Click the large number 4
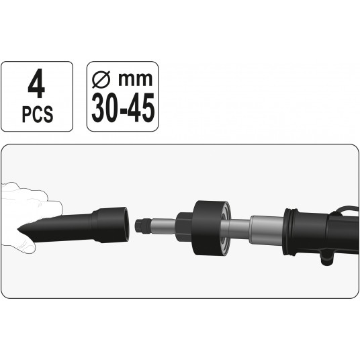coord(36,83)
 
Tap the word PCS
coord(38,114)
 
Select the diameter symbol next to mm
coord(101,79)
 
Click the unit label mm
coord(135,79)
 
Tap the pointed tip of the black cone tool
coord(18,228)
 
